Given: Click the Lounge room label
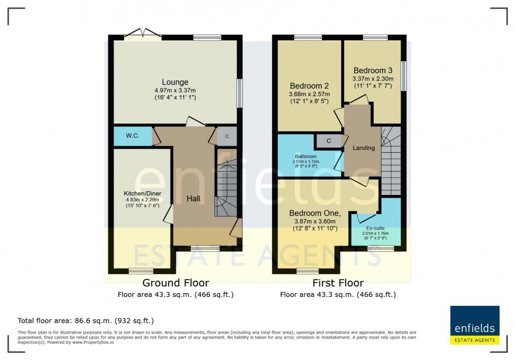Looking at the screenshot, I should pos(175,82).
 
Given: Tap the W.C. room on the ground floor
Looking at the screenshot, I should pos(132,136).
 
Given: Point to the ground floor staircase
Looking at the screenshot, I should pos(225,189).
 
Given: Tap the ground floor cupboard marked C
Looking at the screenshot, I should pos(227,136).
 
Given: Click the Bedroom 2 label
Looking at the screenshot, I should pos(309,86).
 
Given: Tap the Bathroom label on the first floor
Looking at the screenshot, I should pos(305,156).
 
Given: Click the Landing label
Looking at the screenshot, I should pos(364,148).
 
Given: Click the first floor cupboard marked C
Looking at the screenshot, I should pos(328,141).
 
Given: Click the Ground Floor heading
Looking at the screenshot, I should pos(176,283).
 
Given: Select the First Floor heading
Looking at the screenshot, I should pos(338,283).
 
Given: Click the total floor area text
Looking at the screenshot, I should pos(86,320).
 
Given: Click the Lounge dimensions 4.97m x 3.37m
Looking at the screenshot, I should pos(175,90).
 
